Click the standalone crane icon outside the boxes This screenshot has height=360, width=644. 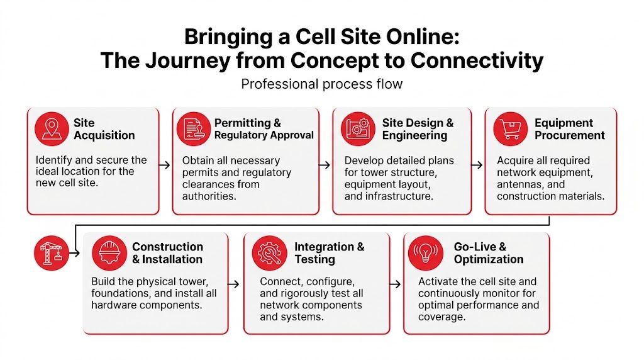click(x=50, y=253)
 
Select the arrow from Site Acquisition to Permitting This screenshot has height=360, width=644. click(x=165, y=165)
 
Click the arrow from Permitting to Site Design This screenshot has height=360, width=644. click(x=325, y=165)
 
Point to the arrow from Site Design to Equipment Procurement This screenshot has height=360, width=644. click(x=477, y=165)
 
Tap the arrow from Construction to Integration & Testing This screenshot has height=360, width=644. click(x=234, y=284)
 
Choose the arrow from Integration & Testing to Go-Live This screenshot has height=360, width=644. click(x=396, y=284)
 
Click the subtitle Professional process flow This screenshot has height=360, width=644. click(x=321, y=84)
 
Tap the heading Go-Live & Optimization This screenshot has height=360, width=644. click(x=488, y=253)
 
